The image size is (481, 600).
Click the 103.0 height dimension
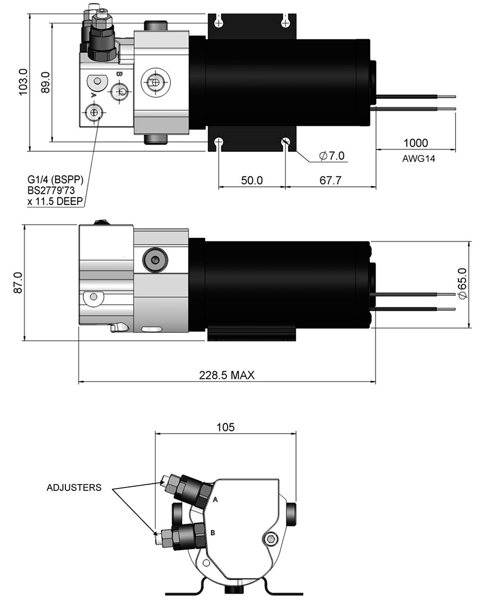coord(23,82)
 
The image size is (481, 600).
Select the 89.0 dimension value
coord(45,82)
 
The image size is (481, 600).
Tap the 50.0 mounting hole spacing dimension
coord(252,180)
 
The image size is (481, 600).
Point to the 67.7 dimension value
coord(330,180)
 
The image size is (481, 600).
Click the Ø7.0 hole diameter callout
coord(332,156)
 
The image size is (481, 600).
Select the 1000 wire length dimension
coord(416,143)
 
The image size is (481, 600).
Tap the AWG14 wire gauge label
coord(418,159)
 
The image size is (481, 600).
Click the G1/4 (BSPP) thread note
coord(55,180)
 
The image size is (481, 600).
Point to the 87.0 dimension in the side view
coord(18,283)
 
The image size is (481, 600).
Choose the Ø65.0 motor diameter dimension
coord(462,284)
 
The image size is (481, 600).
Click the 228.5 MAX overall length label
coord(227,375)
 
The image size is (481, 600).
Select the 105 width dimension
coord(226,427)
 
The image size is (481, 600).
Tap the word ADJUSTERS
coord(74,487)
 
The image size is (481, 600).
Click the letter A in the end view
coord(215,500)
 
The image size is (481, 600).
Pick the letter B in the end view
coord(213,533)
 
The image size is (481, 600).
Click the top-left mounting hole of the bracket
coord(219,22)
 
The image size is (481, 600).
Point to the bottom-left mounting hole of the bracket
coord(219,142)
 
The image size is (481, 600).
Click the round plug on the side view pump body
coord(155,260)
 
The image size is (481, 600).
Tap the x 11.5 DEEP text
coord(55,201)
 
